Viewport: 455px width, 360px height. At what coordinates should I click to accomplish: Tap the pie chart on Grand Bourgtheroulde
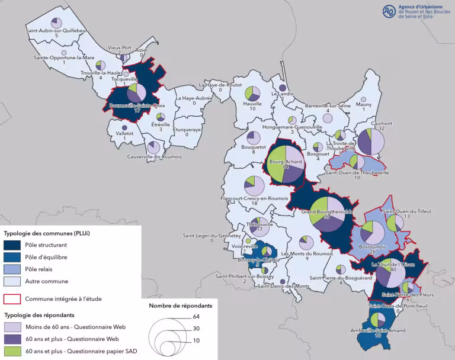[326, 214]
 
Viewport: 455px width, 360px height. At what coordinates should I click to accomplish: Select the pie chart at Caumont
[371, 142]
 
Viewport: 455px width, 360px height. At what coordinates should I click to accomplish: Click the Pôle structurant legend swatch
[12, 244]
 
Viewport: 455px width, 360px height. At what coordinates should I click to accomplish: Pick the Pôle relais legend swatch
[12, 269]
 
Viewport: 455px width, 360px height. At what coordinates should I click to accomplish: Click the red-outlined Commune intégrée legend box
[12, 299]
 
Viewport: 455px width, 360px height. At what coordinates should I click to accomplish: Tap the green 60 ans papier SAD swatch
[12, 351]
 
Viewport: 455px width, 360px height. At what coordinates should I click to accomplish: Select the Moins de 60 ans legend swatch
[12, 326]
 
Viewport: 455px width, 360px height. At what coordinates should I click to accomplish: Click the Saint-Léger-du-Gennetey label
[212, 236]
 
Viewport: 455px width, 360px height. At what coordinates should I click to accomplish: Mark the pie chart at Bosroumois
[371, 232]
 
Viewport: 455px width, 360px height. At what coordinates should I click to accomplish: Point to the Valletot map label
[124, 133]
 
